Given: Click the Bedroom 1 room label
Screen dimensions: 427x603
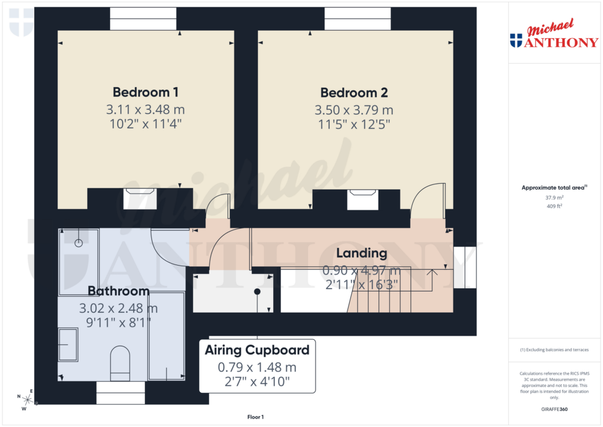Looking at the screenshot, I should coord(145,92).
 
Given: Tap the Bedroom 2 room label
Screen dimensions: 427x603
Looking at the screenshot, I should coord(353,92).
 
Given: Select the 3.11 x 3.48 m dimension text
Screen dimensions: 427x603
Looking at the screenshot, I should coord(145,110).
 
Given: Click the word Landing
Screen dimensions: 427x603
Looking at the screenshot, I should coord(362,253).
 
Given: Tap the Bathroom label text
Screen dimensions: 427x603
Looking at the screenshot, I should coord(118,291).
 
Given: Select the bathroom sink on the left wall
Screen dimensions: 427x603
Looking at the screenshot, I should coord(68,344).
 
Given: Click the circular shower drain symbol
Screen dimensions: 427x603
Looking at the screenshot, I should coord(78,243).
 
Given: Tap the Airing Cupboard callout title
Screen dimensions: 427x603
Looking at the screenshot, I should coord(257,350).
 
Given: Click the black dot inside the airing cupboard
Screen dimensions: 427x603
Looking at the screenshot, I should coord(257,292).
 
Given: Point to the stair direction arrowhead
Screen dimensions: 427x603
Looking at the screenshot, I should coord(433,272).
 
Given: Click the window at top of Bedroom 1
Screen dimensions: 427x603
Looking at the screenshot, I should coord(143,19).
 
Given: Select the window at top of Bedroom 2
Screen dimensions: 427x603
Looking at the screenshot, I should coord(357,19).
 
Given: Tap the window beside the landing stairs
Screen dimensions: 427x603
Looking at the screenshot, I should coord(465,267).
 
